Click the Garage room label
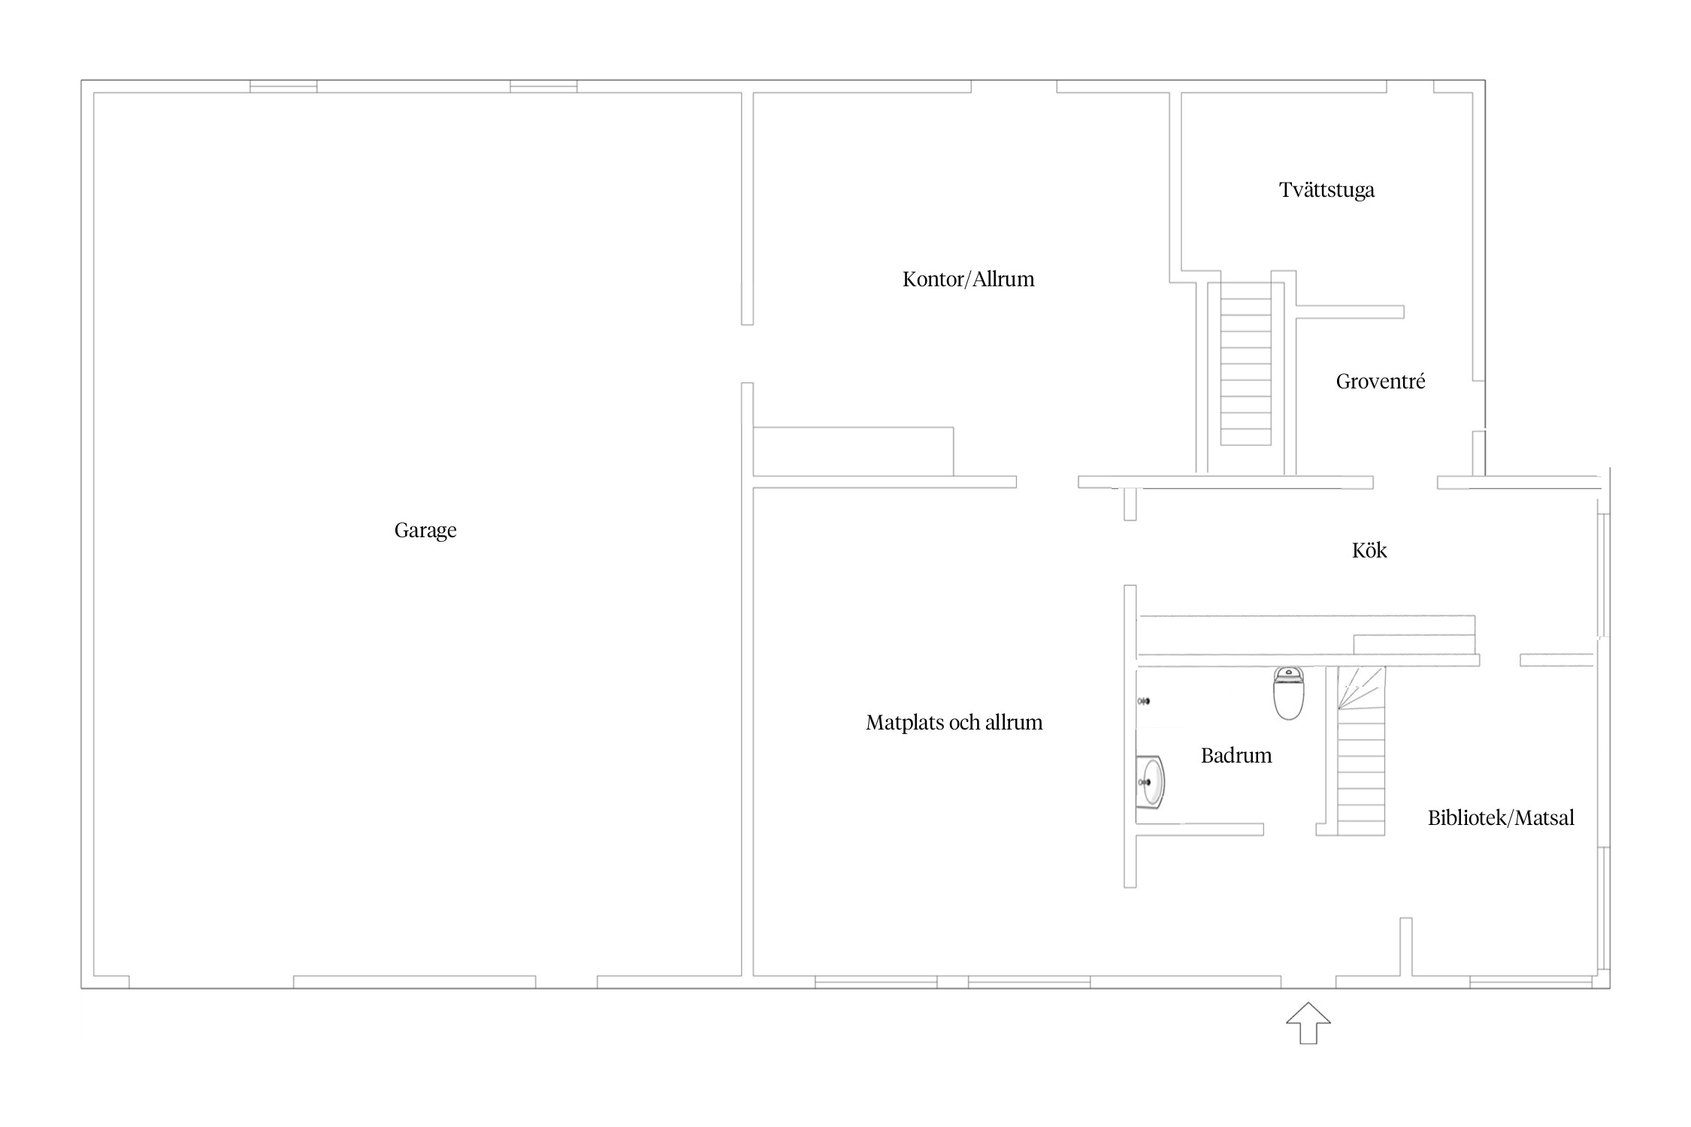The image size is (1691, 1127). coord(425,530)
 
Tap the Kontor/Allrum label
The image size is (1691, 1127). coord(968,279)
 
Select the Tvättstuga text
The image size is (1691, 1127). coord(1326,190)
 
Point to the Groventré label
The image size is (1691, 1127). coord(1380,382)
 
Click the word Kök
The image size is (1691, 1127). coord(1369,550)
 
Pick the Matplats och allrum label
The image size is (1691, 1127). coord(954,723)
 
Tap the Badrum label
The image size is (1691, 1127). coord(1236,756)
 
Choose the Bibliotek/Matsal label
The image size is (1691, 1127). coord(1501,818)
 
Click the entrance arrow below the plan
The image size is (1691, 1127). coord(1308,1023)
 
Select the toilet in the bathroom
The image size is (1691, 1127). coord(1288,693)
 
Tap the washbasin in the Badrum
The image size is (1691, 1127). coord(1150,782)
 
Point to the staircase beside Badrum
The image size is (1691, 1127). coord(1360,751)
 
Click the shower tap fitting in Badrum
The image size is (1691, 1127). coord(1144,701)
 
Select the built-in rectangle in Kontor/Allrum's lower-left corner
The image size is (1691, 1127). coord(853,452)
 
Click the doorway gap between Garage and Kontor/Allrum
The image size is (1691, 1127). coord(747,354)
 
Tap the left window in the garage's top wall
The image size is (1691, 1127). coord(283,86)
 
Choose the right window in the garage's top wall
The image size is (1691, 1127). coord(543,86)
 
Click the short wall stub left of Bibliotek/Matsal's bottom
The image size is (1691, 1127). coord(1405,947)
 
